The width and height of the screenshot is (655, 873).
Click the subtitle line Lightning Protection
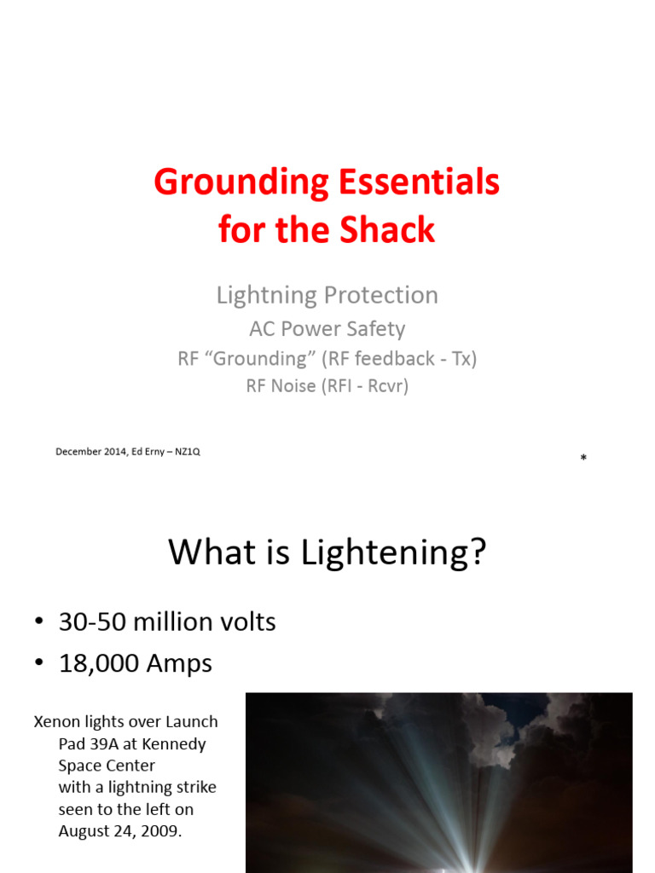pyautogui.click(x=327, y=295)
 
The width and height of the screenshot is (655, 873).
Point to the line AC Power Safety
pyautogui.click(x=327, y=329)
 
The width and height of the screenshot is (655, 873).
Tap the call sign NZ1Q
pyautogui.click(x=186, y=452)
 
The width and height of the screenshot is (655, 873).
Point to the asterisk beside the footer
pyautogui.click(x=583, y=460)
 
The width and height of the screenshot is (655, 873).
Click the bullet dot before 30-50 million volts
pyautogui.click(x=40, y=623)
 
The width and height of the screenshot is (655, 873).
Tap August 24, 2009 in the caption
pyautogui.click(x=119, y=831)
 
